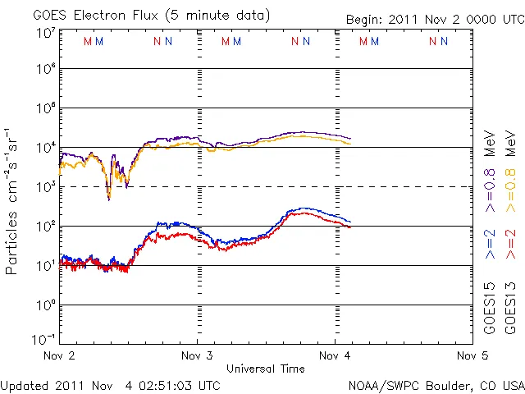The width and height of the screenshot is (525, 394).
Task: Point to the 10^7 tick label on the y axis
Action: coord(44,33)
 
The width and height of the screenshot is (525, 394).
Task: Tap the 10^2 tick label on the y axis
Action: coord(44,226)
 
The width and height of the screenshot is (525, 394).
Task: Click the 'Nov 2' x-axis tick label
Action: coord(59,356)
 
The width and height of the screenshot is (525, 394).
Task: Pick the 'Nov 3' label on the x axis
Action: coord(197,356)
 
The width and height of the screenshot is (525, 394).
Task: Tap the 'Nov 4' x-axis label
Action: coord(335,356)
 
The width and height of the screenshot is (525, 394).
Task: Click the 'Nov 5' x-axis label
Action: coord(472,356)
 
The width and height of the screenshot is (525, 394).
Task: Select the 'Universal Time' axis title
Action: coord(266,369)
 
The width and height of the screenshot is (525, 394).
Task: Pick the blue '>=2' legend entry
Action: coord(490,244)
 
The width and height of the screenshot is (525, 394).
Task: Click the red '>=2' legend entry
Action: coord(509,244)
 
